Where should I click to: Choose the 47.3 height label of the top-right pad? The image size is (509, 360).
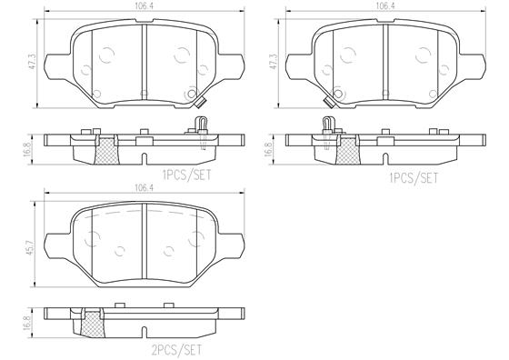274,62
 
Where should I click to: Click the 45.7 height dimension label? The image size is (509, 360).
32,246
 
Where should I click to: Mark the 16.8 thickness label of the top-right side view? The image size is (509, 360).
269,149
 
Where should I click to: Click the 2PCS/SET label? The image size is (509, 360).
176,350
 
